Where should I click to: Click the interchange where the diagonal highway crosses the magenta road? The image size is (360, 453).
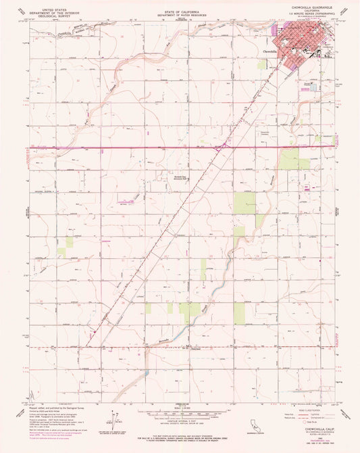point(227,145)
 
